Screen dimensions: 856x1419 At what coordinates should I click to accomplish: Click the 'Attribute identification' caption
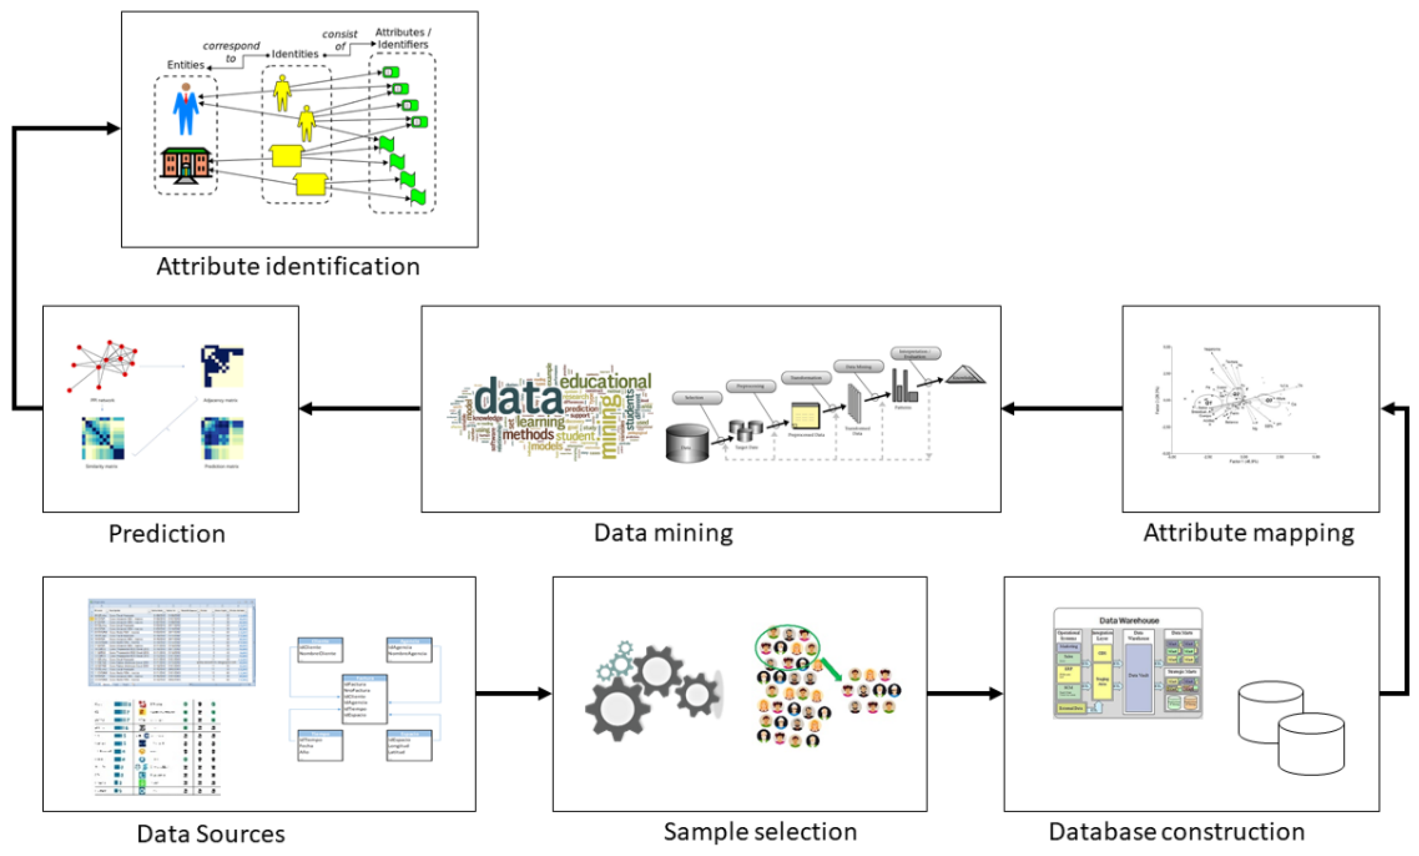coord(288,267)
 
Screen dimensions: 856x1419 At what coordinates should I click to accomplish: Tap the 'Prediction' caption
coord(167,533)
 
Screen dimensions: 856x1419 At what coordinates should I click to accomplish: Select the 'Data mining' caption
coord(664,533)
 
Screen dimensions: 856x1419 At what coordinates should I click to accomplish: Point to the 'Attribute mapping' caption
coord(1249,533)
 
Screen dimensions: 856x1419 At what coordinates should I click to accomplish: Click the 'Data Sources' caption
coord(211,833)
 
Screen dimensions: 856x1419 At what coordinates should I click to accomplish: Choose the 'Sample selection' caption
coord(760,832)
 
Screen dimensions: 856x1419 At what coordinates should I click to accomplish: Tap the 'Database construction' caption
coord(1176,832)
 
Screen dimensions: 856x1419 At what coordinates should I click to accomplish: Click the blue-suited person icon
coord(186,109)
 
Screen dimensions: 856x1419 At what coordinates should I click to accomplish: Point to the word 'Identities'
coord(295,54)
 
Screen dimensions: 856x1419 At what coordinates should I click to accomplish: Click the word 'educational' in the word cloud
coord(605,382)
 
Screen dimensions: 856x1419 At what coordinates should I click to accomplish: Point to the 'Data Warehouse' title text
coord(1129,621)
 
